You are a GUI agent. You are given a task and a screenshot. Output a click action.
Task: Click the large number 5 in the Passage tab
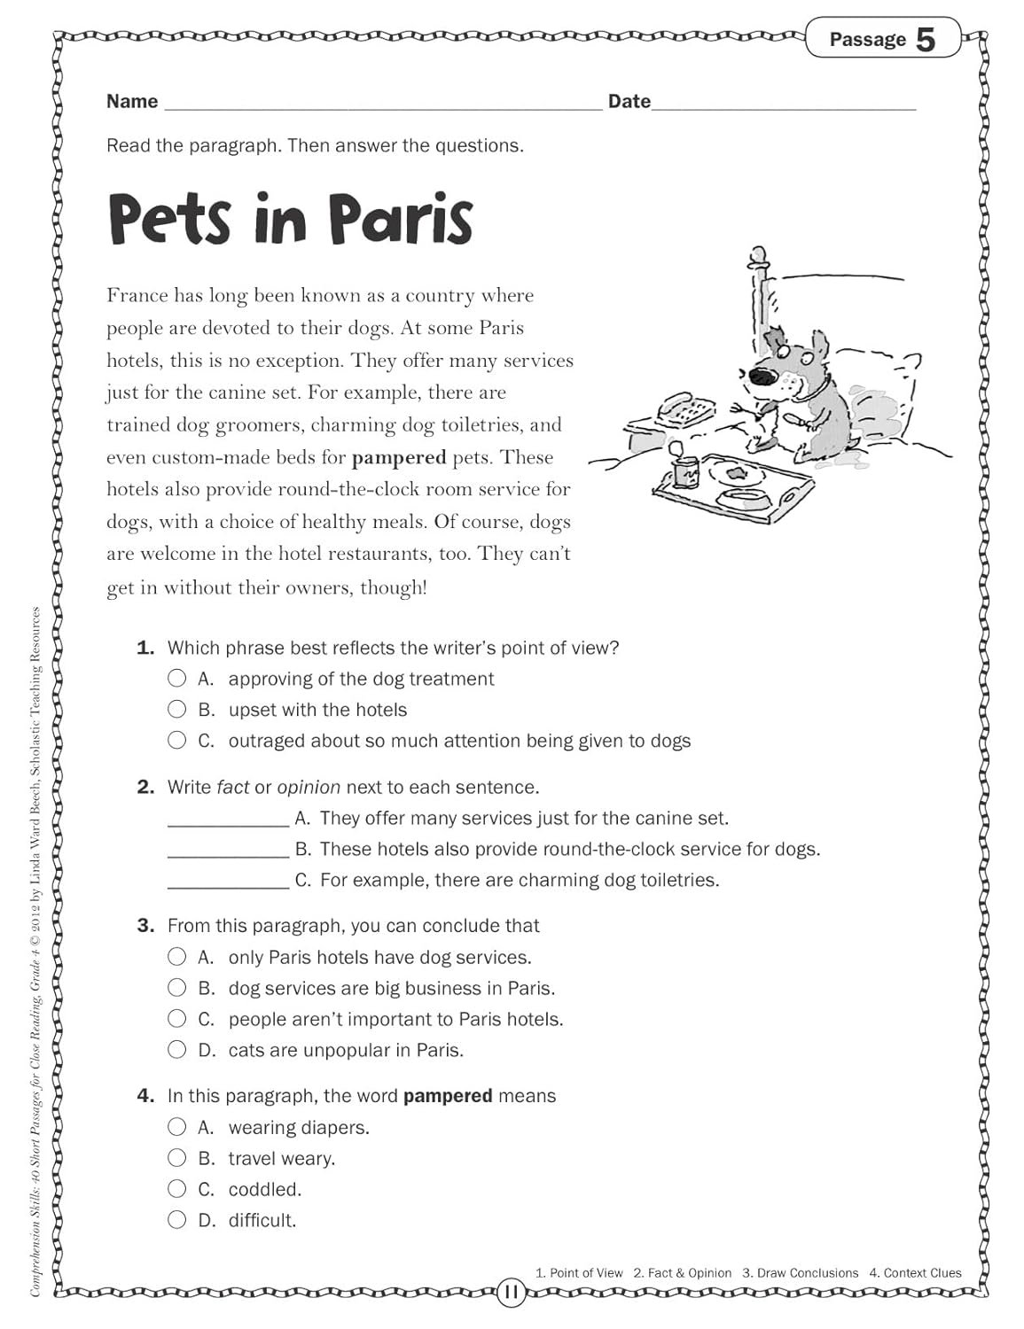[925, 39]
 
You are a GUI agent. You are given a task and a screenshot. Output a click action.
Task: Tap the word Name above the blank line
[132, 101]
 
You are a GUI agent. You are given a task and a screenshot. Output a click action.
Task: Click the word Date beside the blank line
[629, 101]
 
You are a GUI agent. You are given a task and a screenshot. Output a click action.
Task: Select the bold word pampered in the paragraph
[399, 457]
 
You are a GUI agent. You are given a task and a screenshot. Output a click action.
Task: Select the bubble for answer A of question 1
[177, 679]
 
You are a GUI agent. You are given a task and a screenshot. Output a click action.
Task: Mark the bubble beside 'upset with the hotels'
[177, 709]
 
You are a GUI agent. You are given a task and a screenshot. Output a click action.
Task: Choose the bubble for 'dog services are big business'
[177, 988]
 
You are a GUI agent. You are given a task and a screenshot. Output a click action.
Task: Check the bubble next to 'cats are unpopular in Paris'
[177, 1050]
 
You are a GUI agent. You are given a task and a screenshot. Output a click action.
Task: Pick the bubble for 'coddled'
[177, 1189]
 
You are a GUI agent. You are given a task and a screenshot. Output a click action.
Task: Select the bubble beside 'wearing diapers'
[177, 1127]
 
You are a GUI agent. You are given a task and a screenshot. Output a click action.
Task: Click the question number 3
[145, 926]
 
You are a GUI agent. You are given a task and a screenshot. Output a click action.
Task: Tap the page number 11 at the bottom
[511, 1292]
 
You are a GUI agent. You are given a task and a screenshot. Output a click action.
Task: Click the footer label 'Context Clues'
[922, 1273]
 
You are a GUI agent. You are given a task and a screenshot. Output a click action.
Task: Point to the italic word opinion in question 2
[309, 787]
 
